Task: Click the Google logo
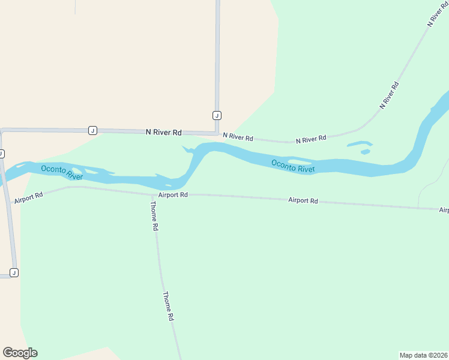(20, 353)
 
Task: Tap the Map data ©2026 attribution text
(423, 355)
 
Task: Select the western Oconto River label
(62, 172)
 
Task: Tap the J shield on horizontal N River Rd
(92, 130)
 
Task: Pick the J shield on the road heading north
(217, 115)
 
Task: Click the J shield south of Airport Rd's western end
(14, 272)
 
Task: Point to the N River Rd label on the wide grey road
(163, 132)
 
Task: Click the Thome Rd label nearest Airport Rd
(154, 216)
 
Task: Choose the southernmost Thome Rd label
(169, 306)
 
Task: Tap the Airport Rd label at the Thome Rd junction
(173, 195)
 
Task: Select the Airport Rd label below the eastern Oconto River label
(303, 200)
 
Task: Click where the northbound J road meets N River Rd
(216, 132)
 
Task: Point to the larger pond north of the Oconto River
(359, 144)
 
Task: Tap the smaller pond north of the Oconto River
(365, 152)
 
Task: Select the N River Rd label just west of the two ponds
(311, 139)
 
